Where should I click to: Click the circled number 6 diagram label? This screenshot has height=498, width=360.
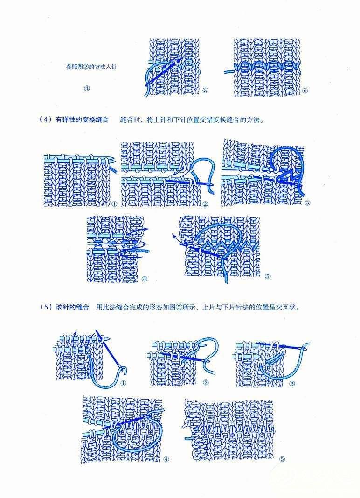[305, 91]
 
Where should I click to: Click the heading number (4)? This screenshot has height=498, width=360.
[45, 120]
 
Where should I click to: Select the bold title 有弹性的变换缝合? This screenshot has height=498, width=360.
[82, 120]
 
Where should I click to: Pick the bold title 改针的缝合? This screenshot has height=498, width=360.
[73, 307]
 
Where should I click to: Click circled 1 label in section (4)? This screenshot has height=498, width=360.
[114, 203]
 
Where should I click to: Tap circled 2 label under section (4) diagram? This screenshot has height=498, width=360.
[205, 203]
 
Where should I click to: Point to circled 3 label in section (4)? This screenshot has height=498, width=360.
[307, 203]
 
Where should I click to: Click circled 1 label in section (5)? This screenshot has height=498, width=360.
[123, 383]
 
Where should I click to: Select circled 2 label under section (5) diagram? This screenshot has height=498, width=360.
[206, 382]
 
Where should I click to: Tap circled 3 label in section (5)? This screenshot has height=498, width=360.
[292, 383]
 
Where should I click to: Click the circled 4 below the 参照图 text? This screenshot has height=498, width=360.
[87, 88]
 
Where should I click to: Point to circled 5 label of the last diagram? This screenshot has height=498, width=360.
[282, 459]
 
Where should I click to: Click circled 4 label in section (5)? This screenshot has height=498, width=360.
[166, 459]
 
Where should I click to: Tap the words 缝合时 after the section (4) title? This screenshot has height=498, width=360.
[130, 120]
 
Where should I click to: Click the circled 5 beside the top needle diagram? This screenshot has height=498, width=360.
[205, 91]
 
